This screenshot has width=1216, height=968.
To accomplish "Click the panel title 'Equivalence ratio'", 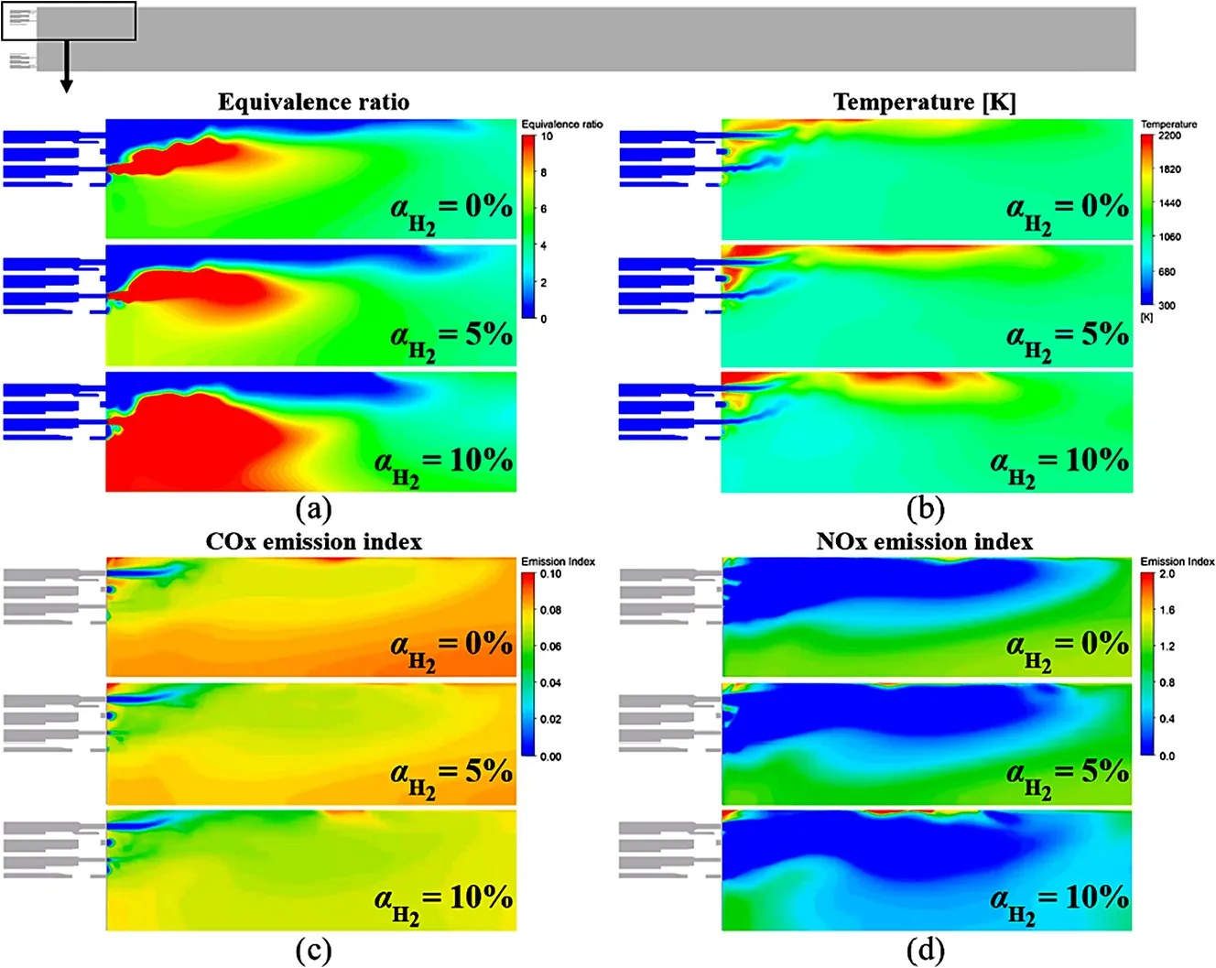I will pos(313,102).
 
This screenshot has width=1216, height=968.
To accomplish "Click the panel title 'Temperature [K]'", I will pos(925,102).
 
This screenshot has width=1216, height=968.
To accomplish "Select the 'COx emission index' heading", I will pos(313,541).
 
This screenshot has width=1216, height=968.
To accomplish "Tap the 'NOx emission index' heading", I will pos(925,541).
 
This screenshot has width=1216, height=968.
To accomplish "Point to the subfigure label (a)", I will pos(313,508).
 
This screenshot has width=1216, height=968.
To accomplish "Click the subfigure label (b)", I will pos(925,508).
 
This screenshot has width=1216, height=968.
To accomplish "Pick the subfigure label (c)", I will pos(313,950).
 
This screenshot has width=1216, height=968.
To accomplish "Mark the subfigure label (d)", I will pos(925,950).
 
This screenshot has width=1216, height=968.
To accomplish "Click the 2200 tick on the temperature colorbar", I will pos(1169,136).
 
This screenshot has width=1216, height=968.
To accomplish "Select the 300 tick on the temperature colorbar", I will pos(1167,305).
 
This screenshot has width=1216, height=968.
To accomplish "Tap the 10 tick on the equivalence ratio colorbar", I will pos(547,136).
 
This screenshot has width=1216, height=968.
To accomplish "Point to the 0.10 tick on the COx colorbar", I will pos(550,574).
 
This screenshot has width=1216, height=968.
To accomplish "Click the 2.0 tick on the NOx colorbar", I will pos(1167,574).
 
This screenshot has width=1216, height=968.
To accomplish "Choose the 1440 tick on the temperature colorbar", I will pos(1169,203).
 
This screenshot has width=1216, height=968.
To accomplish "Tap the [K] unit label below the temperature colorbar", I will pos(1146,317).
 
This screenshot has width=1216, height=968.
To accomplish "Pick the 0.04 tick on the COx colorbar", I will pos(550,683).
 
